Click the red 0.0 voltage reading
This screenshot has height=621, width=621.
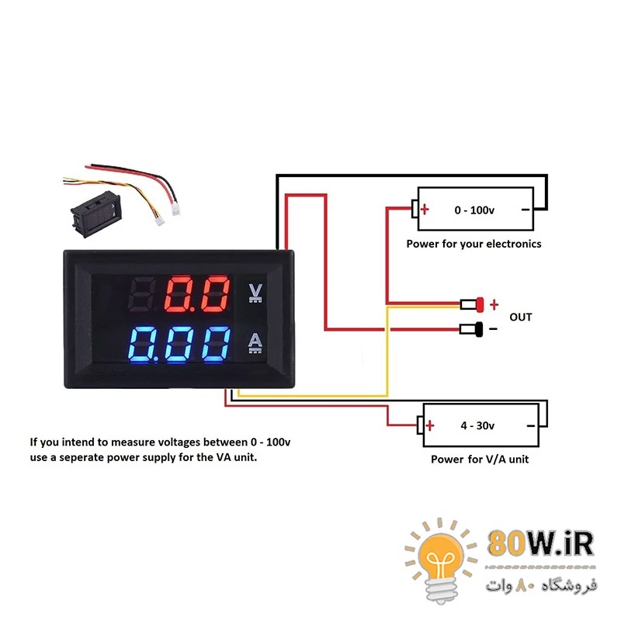(x=199, y=294)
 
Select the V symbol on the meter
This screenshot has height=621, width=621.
(x=255, y=292)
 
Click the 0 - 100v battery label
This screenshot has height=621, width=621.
(x=474, y=210)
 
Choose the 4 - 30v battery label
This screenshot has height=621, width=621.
(x=477, y=425)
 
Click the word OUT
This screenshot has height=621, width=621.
(x=521, y=317)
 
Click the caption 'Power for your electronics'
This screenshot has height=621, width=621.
(x=474, y=244)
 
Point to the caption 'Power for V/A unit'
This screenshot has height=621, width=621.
(x=480, y=459)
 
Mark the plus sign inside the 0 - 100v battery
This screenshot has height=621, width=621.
(x=425, y=210)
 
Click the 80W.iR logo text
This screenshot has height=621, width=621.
(x=541, y=543)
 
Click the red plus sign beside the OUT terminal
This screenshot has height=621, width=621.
(x=494, y=304)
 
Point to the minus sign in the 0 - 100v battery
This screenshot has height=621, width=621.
(x=525, y=210)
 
